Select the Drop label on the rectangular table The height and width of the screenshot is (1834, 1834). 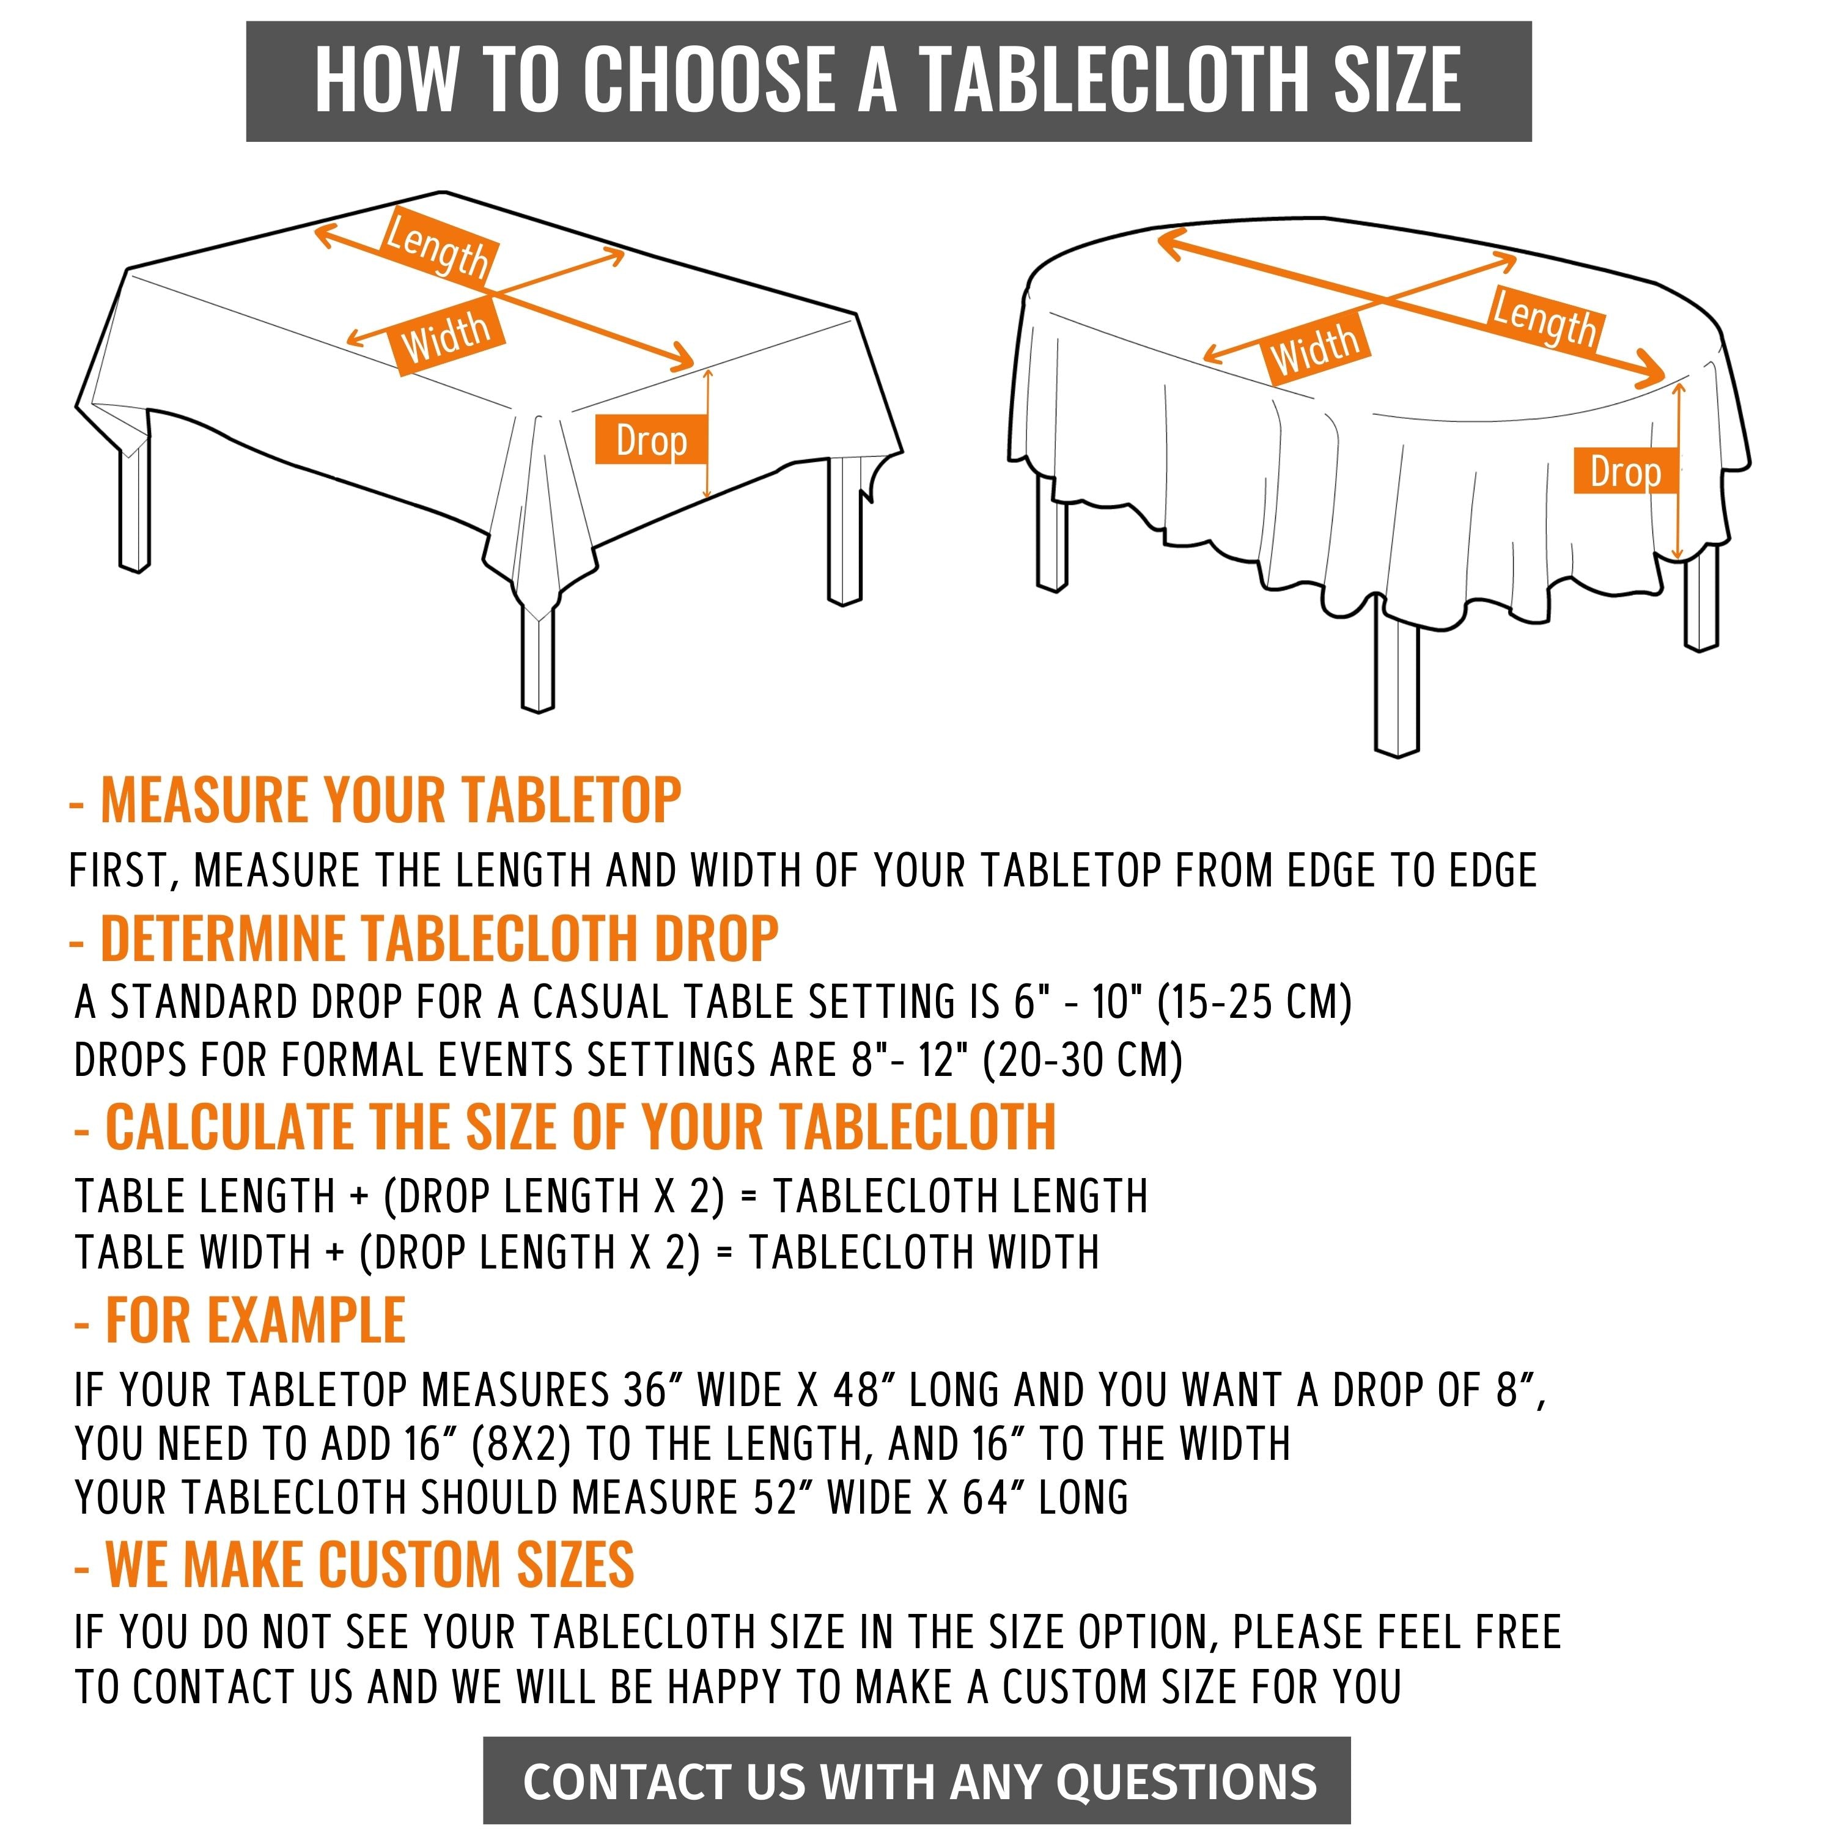point(651,440)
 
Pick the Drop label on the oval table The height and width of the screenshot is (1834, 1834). point(1625,471)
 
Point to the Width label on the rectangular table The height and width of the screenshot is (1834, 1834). point(446,337)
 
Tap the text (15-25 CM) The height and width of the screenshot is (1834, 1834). point(1255,1003)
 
